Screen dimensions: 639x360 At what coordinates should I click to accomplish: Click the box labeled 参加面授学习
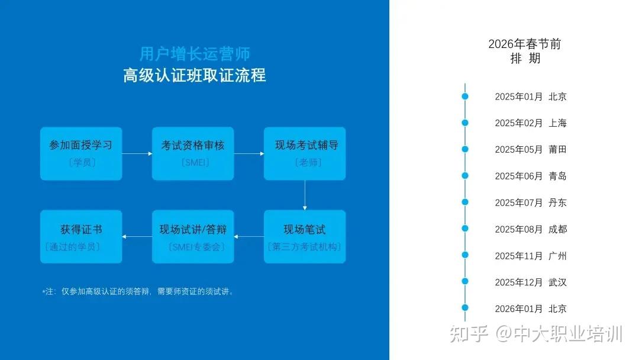point(81,154)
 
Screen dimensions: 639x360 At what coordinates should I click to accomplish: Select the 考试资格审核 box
point(193,154)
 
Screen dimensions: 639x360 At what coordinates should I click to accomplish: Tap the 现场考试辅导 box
point(305,154)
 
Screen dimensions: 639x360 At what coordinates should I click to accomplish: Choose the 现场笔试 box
point(305,236)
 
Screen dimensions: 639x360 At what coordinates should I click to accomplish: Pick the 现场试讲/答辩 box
point(193,236)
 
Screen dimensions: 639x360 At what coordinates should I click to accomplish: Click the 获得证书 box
point(81,236)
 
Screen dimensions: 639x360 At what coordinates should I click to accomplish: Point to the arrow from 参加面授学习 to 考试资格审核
point(137,154)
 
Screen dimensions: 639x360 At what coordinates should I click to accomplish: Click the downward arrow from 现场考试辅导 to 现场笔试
point(305,195)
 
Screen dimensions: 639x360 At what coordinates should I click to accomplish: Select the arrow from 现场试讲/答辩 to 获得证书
point(137,236)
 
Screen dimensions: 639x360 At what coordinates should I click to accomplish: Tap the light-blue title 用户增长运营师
point(195,54)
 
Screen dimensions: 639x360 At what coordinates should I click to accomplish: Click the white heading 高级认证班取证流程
point(195,75)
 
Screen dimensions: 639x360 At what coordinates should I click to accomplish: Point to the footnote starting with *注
point(138,291)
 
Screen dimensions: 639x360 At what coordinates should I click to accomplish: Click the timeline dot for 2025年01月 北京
point(465,97)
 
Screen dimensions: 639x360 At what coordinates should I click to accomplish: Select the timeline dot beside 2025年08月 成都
point(465,229)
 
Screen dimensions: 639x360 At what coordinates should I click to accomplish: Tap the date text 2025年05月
point(519,150)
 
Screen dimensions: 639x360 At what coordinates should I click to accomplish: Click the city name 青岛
point(557,176)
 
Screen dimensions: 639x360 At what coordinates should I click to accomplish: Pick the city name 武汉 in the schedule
point(557,282)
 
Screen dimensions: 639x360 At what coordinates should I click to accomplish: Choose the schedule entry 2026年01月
point(519,308)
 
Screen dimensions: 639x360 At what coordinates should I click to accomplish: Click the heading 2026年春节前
point(524,44)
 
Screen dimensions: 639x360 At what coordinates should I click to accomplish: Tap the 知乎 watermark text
point(469,334)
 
